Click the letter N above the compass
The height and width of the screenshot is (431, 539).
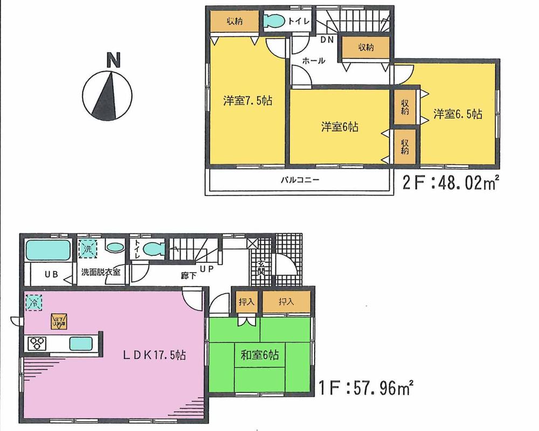tap(113, 60)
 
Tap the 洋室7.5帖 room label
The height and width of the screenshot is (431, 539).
tap(247, 100)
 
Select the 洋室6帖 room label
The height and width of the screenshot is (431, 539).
tap(340, 127)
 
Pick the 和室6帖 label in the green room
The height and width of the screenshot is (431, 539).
tap(259, 355)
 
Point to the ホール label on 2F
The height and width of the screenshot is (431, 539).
tap(313, 61)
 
